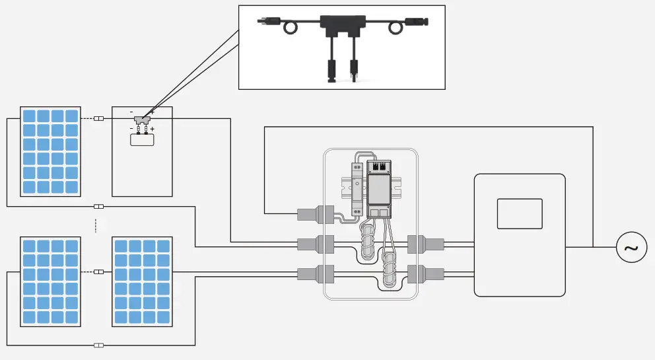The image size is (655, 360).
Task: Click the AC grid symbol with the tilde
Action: (x=631, y=248)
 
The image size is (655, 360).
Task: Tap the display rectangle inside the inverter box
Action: (x=519, y=213)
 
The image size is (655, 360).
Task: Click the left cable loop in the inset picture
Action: (x=291, y=28)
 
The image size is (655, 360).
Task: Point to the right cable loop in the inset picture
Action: (x=396, y=28)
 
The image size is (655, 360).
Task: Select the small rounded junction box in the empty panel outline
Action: (x=142, y=139)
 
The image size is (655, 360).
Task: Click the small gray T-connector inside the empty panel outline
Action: (x=142, y=120)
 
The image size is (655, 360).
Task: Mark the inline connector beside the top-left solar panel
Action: (x=99, y=119)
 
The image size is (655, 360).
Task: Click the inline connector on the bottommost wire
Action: (x=99, y=345)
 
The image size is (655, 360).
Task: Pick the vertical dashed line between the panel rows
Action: (x=96, y=225)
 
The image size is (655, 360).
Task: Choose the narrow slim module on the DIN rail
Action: (x=356, y=190)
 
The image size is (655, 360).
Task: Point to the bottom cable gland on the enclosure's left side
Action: (x=310, y=273)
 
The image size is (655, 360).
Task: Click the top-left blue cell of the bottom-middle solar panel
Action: (x=121, y=246)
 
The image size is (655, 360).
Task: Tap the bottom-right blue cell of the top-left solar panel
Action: (x=72, y=187)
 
